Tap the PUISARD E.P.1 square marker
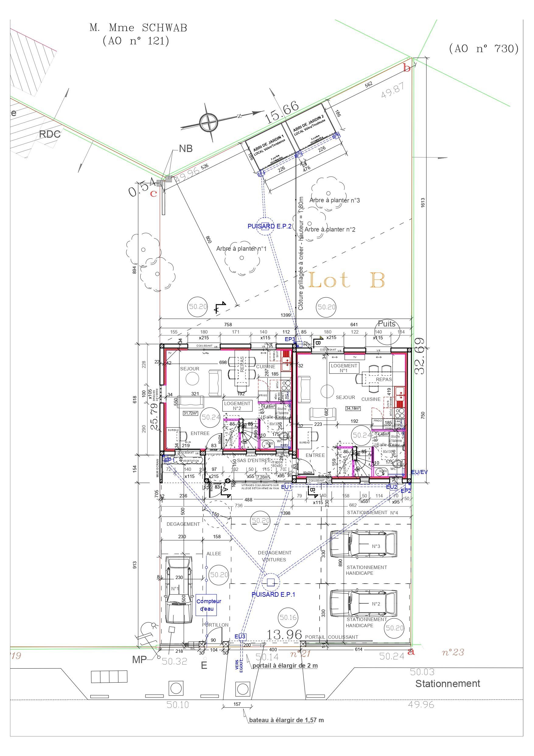coord(270,583)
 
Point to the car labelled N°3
coord(363,546)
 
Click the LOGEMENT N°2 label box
coord(237,406)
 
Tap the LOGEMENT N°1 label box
coord(344,368)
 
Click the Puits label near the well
coord(387,324)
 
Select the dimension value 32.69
coord(420,356)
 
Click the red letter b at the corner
coord(407,68)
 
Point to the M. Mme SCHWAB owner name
coord(138,28)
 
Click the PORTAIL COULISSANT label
coord(331,637)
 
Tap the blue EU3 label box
coord(240,637)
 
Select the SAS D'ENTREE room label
coord(254,460)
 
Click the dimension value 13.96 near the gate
coord(284,634)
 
